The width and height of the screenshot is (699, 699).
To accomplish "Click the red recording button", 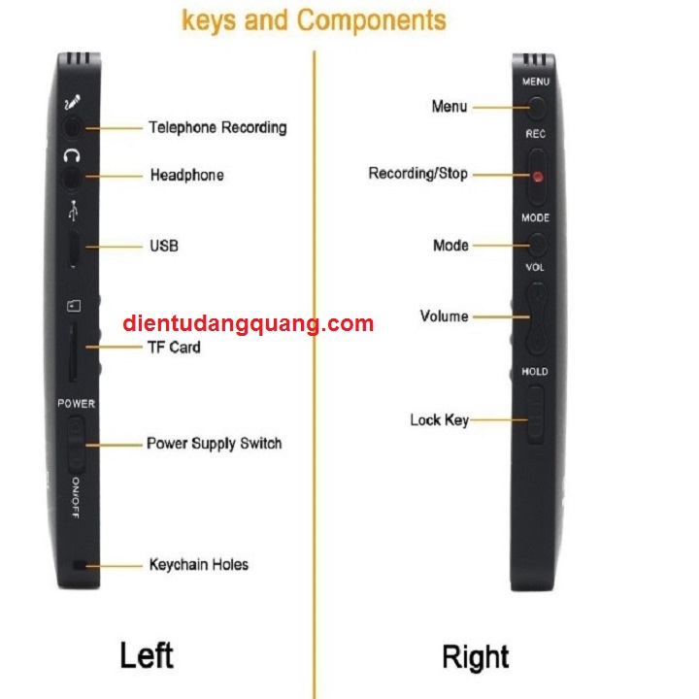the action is point(536,177).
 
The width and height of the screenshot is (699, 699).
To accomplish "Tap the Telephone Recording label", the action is point(217,127).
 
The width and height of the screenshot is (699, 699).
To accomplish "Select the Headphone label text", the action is point(186,176).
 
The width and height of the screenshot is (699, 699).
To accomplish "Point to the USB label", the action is point(163,247).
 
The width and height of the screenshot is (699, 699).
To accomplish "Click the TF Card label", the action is point(174,347).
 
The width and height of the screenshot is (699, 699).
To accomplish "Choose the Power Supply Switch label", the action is point(214,444).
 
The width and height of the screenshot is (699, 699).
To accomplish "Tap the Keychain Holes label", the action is point(198,564).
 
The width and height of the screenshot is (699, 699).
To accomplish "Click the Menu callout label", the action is point(449,106).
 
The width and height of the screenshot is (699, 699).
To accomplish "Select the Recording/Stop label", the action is point(417,174).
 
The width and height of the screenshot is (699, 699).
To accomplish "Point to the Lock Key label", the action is point(439,420).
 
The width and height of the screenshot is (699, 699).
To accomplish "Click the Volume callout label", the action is point(444,316).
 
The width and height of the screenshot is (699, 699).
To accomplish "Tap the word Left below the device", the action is point(147,654).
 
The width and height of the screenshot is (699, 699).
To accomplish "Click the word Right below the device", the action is point(476,657).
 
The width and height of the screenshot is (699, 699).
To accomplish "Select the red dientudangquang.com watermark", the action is point(249,324).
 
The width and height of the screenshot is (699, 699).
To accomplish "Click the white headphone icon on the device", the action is point(72,155).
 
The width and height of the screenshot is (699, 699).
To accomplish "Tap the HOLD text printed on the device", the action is point(535,372).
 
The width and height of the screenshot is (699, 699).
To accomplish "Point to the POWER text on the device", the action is point(76,404).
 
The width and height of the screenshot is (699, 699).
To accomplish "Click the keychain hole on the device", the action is point(77,565).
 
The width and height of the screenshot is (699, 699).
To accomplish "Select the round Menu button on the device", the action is point(535,107).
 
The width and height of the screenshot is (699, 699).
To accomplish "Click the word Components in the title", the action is point(372,20).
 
